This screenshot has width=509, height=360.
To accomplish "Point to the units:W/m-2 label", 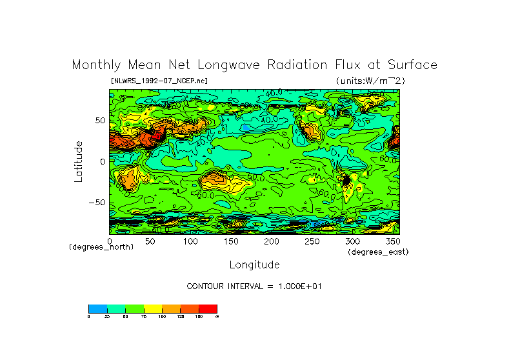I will click(x=370, y=81).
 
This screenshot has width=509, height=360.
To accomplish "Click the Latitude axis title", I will click(x=79, y=161).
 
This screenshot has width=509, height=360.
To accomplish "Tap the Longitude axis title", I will click(x=254, y=265).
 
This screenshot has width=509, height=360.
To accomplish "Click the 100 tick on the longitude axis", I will click(x=190, y=241).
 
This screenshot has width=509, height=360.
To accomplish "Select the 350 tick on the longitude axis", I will click(x=392, y=241).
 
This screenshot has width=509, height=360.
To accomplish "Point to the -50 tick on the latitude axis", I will click(x=97, y=202).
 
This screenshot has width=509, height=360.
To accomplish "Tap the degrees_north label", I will click(x=101, y=247).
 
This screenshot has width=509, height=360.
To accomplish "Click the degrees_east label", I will click(x=378, y=252).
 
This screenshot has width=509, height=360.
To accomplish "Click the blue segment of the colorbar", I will click(x=97, y=308).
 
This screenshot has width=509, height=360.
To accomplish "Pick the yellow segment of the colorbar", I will click(x=152, y=308).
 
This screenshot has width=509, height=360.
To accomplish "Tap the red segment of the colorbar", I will click(x=208, y=308).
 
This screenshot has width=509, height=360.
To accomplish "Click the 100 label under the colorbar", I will click(x=162, y=317).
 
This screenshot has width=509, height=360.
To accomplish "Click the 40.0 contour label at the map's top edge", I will click(x=274, y=93).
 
